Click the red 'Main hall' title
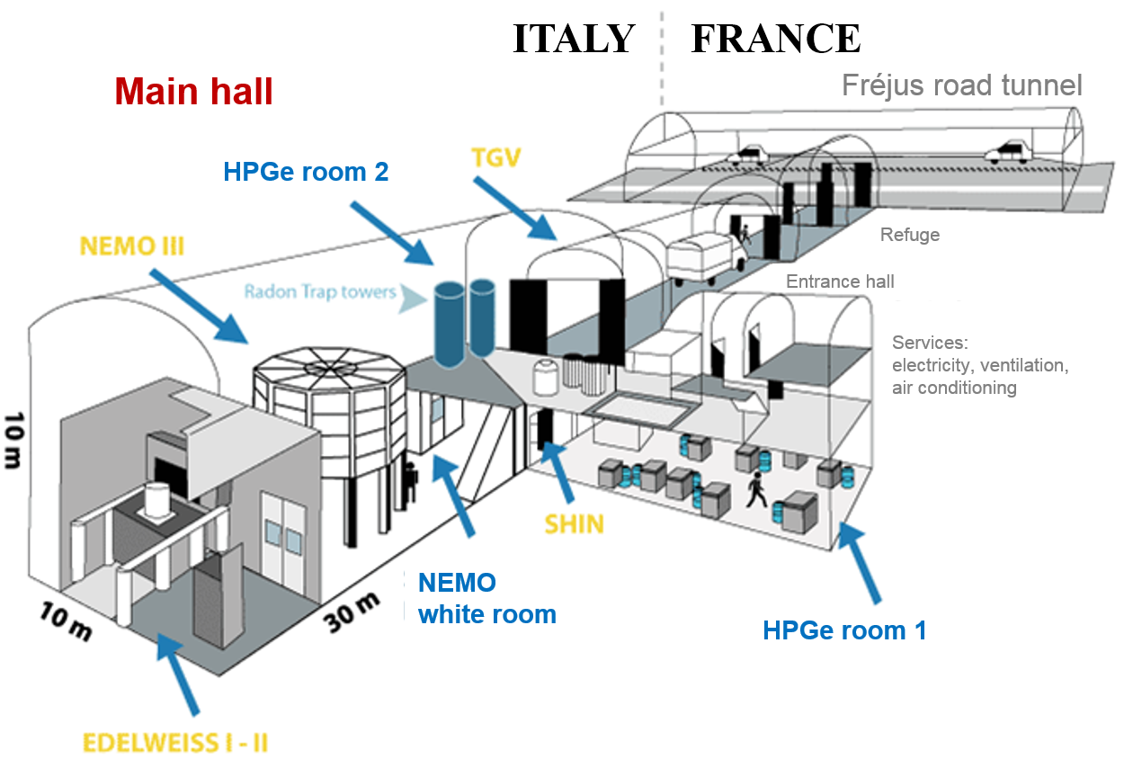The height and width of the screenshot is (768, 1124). click(193, 92)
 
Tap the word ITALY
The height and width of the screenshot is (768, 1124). click(574, 39)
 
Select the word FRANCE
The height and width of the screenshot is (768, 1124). click(776, 39)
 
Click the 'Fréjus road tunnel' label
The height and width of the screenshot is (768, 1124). click(961, 85)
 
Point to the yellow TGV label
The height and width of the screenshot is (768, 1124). click(495, 157)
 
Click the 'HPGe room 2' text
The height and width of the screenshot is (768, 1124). click(306, 172)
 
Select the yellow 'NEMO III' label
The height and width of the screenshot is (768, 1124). click(132, 246)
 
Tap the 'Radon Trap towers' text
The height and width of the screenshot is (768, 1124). click(320, 291)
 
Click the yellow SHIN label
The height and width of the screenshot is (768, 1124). click(574, 524)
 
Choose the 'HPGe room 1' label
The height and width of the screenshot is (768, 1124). click(844, 630)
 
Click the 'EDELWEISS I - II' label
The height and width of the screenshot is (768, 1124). click(175, 743)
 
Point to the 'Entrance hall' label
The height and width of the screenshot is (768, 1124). click(840, 281)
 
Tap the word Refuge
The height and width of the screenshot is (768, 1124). click(910, 235)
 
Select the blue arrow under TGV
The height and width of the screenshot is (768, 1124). click(514, 208)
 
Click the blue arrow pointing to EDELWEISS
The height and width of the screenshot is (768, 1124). click(178, 674)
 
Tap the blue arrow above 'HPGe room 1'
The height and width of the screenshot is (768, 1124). click(859, 562)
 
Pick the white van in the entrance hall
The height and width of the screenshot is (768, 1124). click(705, 257)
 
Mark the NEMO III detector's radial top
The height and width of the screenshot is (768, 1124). click(329, 369)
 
